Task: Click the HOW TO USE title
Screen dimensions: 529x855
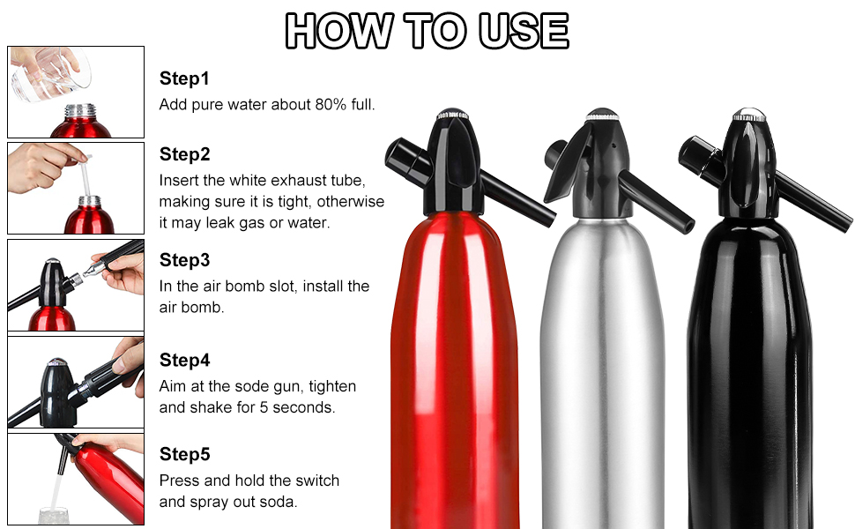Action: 427,31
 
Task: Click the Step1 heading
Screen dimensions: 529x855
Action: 185,78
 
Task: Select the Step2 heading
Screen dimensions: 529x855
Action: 185,154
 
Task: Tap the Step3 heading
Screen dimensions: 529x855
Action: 185,260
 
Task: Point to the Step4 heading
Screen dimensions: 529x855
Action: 185,360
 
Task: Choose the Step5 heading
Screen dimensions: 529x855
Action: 185,454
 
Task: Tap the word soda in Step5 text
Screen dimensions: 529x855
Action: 279,502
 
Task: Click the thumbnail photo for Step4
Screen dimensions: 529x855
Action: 76,382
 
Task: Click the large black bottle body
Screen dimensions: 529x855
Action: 749,370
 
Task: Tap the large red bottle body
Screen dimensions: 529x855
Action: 455,370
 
